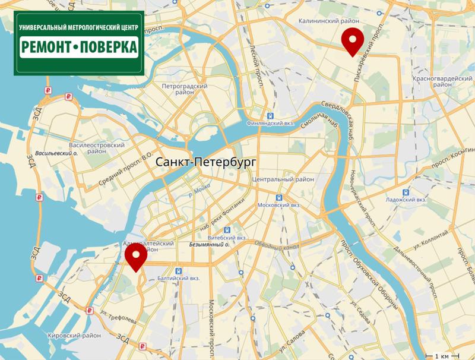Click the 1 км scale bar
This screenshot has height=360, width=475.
coord(441,355)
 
